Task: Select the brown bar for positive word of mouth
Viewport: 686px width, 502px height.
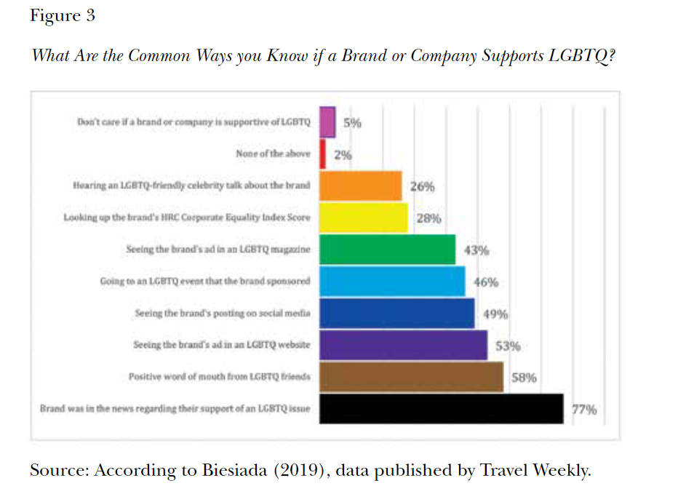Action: coord(412,377)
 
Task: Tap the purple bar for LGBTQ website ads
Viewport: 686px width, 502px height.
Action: coord(404,345)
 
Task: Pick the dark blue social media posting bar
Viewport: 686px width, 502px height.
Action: coord(397,314)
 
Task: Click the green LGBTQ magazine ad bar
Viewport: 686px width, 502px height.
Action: coord(388,250)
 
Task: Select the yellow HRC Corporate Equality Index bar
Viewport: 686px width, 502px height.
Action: coord(364,218)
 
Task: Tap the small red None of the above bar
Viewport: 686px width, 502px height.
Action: coord(323,154)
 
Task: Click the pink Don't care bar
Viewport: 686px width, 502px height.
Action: coord(328,122)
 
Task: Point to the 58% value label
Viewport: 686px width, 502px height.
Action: coord(525,378)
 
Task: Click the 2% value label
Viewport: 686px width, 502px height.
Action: coord(343,155)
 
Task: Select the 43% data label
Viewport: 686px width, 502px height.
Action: coord(476,250)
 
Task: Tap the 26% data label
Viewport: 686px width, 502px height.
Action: coord(423,186)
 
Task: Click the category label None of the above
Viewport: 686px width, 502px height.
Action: coord(273,154)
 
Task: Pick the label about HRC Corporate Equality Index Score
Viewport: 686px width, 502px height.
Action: coord(187,218)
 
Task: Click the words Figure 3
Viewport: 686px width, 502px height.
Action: coord(63,16)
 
